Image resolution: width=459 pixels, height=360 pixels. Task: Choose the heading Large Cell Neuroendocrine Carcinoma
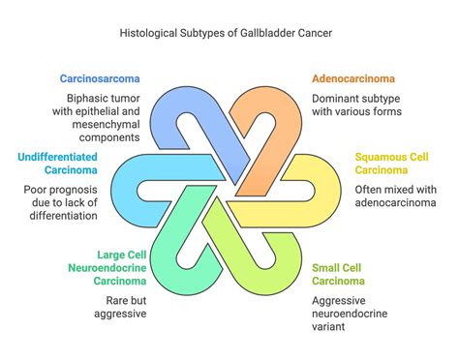[x=108, y=268]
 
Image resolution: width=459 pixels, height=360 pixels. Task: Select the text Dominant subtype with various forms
[x=352, y=105]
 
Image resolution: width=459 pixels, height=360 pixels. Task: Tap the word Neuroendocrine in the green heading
[x=106, y=268]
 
